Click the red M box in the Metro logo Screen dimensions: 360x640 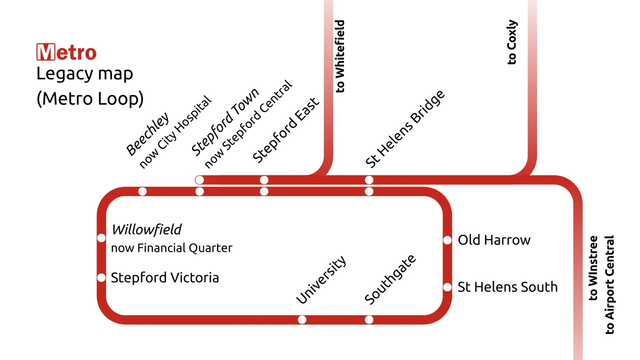pos(45,53)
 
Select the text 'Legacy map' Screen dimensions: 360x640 pos(84,74)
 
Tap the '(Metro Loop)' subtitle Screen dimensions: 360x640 pos(90,99)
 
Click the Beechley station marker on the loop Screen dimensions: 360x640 pos(142,191)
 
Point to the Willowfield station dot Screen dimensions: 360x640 pos(101,238)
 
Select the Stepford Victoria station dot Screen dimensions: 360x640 pos(101,277)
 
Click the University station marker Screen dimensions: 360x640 pos(302,319)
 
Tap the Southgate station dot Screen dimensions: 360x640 pos(369,319)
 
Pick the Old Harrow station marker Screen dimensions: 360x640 pos(447,240)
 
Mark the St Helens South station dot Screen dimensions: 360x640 pos(447,287)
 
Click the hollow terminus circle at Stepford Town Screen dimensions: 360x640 pos(199,180)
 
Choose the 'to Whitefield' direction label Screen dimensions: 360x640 pos(340,56)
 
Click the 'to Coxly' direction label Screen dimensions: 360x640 pos(512,43)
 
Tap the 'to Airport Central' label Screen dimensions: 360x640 pos(610,285)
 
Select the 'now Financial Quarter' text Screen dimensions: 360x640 pos(171,249)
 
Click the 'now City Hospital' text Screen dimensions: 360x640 pos(176,132)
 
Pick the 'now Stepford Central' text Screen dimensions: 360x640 pos(249,124)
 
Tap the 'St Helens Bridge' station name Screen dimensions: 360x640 pos(405,130)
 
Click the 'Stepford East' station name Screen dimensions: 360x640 pos(286,131)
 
